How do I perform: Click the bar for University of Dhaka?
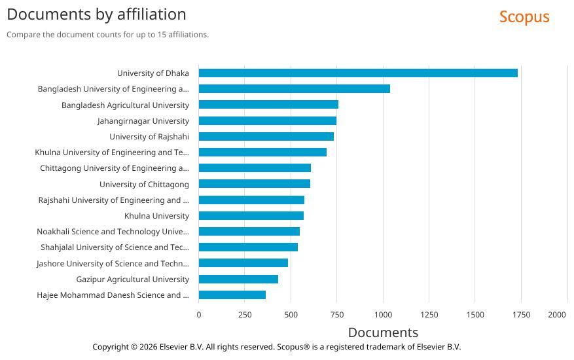(x=358, y=73)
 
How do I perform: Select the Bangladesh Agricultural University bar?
(x=268, y=105)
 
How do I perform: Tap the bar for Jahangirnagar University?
(x=268, y=120)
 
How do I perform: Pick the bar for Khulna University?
(x=251, y=215)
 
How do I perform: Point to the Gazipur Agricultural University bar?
(x=238, y=279)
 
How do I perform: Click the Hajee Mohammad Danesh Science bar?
(x=232, y=295)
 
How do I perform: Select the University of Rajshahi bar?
(x=266, y=136)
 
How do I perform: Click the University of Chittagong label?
(x=144, y=184)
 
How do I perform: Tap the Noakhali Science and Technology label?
(x=113, y=232)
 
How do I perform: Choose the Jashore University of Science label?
(x=113, y=263)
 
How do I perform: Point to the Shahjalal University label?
(x=115, y=247)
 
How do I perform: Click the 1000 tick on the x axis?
(x=383, y=315)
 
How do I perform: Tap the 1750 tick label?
(x=521, y=315)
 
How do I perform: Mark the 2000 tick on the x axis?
(x=557, y=315)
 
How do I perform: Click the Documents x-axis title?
(x=383, y=333)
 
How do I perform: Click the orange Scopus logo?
(x=524, y=17)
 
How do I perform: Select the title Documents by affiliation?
(x=96, y=14)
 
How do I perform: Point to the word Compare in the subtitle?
(x=22, y=35)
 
